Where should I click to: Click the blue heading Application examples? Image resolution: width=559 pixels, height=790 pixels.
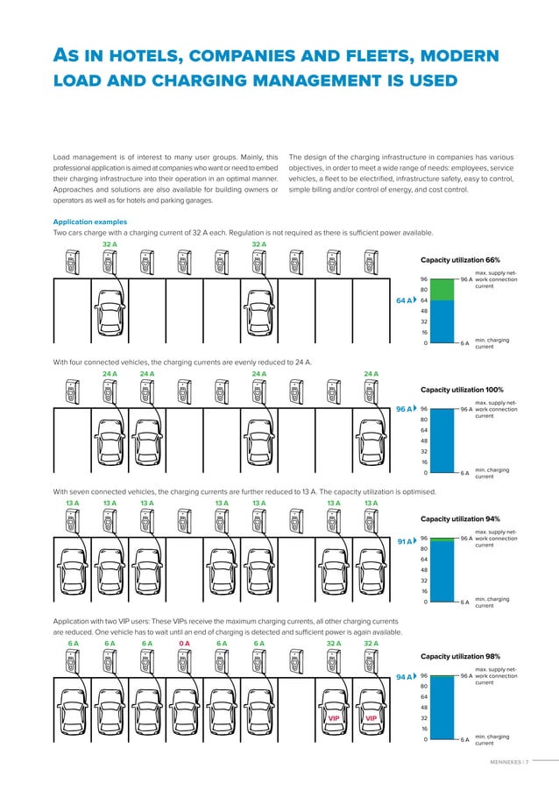(90, 222)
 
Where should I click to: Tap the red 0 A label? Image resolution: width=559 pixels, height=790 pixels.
(185, 643)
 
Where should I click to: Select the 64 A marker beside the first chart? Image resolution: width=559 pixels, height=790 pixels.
(406, 300)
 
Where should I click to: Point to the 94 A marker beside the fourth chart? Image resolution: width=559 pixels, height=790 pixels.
(406, 677)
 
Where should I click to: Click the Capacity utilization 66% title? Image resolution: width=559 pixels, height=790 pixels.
(460, 260)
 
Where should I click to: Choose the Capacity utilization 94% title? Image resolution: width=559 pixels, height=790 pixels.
(460, 518)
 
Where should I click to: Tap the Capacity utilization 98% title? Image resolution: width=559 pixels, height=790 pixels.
(460, 656)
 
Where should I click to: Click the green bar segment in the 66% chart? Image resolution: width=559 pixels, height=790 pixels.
(444, 289)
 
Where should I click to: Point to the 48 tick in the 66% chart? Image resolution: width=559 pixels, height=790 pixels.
(424, 311)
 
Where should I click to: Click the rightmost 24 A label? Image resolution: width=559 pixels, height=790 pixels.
(371, 374)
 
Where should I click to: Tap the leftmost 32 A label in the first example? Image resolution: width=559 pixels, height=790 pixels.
(110, 244)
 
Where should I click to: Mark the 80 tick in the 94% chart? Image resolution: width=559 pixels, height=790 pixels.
(424, 549)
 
